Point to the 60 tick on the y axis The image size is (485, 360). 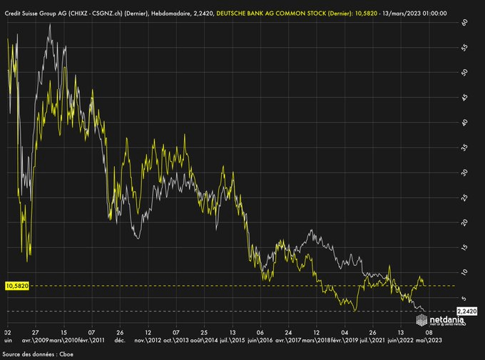click(464, 22)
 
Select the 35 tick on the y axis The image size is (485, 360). click(464, 148)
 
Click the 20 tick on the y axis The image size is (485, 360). click(464, 222)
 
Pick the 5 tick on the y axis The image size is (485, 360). click(464, 297)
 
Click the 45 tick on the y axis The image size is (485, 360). click(464, 98)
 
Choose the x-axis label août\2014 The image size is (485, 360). click(204, 341)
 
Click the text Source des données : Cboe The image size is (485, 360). click(39, 354)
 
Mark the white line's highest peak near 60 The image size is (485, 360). click(49, 25)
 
